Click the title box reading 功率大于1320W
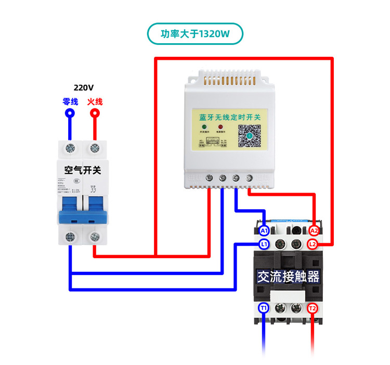click(195, 34)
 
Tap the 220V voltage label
click(84, 88)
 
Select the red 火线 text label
click(95, 101)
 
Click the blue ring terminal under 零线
click(69, 113)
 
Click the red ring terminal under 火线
click(95, 113)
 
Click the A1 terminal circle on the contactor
click(264, 231)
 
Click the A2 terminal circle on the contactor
click(314, 231)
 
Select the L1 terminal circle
click(264, 244)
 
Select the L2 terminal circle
click(313, 244)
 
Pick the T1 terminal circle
click(264, 308)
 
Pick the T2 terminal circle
click(312, 308)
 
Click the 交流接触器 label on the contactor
click(288, 276)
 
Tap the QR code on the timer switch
click(249, 136)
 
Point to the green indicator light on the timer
click(204, 128)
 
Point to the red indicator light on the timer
click(219, 128)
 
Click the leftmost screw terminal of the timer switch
click(209, 178)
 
